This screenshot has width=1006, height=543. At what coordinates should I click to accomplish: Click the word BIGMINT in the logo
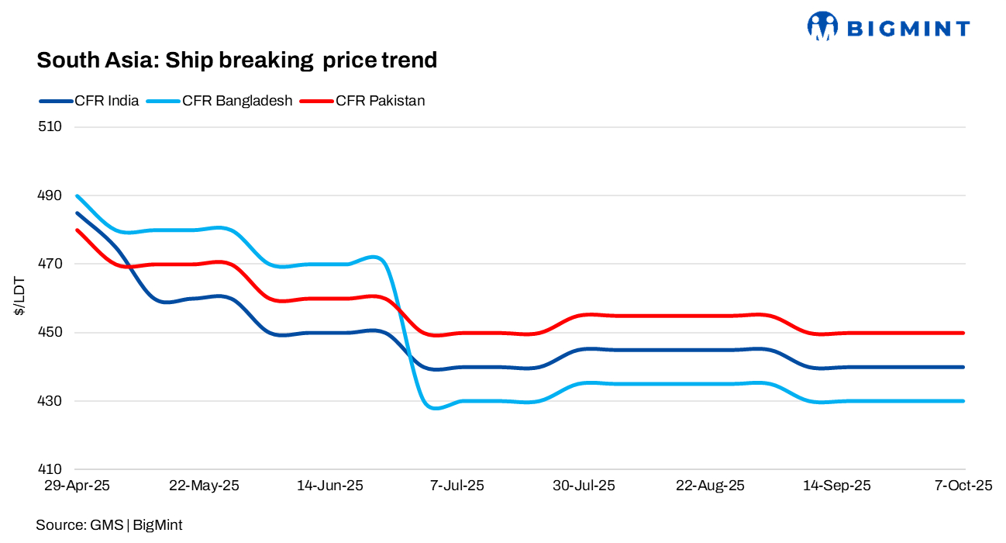[x=908, y=29]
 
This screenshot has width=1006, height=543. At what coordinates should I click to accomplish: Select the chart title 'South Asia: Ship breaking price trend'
[x=237, y=60]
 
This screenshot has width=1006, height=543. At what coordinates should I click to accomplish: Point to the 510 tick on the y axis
[x=50, y=126]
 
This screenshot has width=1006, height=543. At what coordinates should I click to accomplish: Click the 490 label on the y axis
[x=50, y=195]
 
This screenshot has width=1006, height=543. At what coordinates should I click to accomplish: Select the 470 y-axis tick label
[x=50, y=264]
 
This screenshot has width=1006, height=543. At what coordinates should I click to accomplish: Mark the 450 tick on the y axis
[x=50, y=333]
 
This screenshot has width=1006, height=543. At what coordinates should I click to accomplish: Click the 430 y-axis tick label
[x=50, y=401]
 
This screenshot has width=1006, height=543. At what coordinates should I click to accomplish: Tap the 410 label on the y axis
[x=50, y=470]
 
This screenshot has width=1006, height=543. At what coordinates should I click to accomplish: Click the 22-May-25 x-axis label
[x=204, y=486]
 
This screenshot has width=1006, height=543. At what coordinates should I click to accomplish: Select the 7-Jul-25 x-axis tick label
[x=457, y=486]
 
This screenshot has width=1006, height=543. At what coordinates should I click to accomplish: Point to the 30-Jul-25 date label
[x=584, y=486]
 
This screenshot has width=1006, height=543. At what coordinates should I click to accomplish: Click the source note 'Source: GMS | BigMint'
[x=109, y=525]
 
